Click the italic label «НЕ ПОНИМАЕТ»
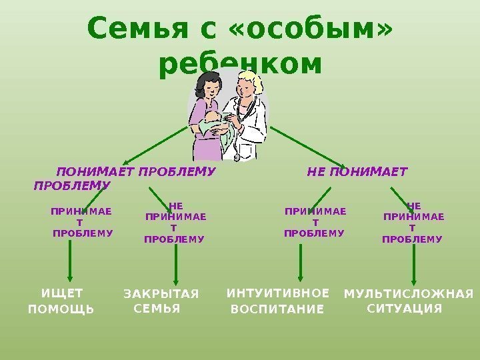click(356, 172)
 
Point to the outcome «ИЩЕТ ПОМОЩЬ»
click(61, 301)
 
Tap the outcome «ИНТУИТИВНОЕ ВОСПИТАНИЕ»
click(278, 301)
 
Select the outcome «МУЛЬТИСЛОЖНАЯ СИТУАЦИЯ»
click(408, 301)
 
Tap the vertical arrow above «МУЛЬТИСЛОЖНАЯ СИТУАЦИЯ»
click(415, 264)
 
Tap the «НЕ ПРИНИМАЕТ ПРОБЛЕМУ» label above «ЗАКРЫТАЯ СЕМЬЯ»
click(175, 223)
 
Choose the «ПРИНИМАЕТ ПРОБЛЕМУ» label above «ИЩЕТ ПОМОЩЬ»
click(82, 223)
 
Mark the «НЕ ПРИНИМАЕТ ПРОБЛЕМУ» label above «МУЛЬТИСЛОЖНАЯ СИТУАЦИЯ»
click(413, 223)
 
